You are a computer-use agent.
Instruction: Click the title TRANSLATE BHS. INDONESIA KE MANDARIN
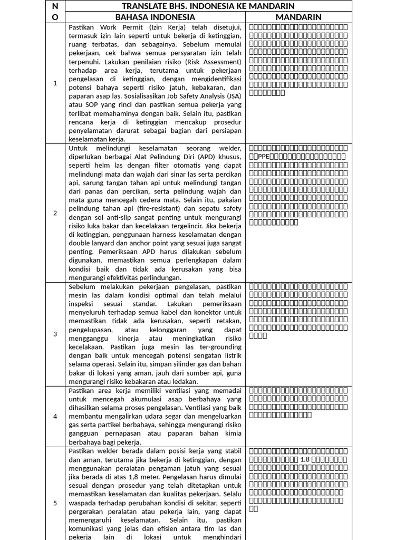[208, 6]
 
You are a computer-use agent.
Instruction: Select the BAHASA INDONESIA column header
[155, 17]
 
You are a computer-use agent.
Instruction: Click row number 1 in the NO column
[55, 83]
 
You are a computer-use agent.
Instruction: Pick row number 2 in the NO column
[55, 213]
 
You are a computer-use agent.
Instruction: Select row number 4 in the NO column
[55, 417]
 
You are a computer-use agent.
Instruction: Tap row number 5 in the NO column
[55, 503]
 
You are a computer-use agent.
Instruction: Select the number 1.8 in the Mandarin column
[306, 459]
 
